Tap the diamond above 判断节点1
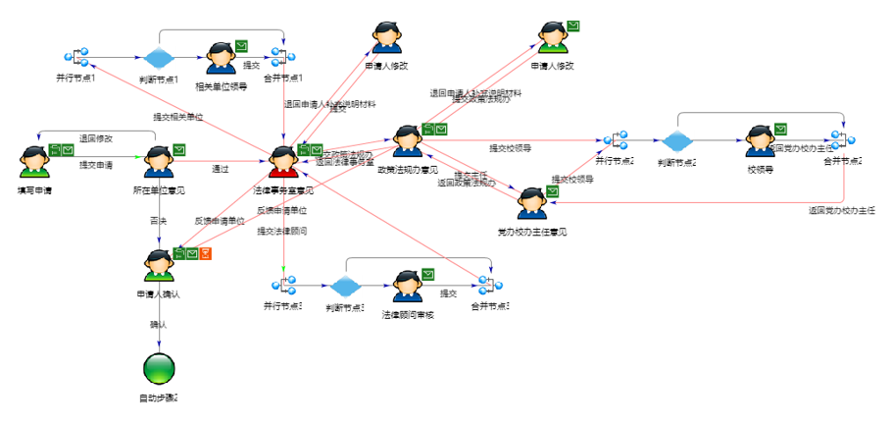click(158, 57)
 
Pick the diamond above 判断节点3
click(345, 287)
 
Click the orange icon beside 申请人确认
click(207, 254)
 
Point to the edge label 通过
click(221, 169)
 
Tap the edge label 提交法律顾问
click(282, 232)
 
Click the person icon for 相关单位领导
click(221, 57)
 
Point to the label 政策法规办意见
click(405, 170)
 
